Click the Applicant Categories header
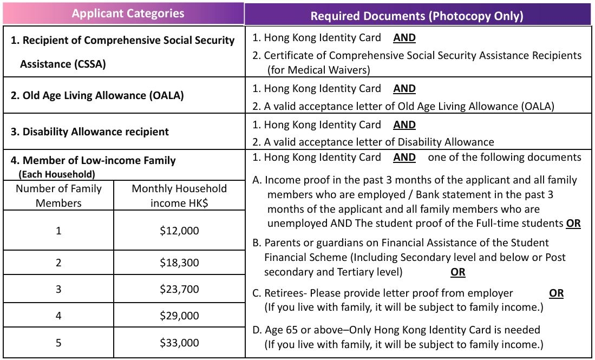pyautogui.click(x=128, y=14)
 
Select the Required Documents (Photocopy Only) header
pyautogui.click(x=417, y=16)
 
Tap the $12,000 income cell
pyautogui.click(x=179, y=231)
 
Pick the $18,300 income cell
pyautogui.click(x=179, y=263)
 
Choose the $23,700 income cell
pyautogui.click(x=179, y=289)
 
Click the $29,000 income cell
pyautogui.click(x=179, y=316)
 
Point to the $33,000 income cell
pyautogui.click(x=179, y=343)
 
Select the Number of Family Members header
pyautogui.click(x=58, y=195)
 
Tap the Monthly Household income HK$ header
pyautogui.click(x=179, y=195)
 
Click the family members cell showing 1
pyautogui.click(x=58, y=231)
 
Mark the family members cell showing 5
pyautogui.click(x=58, y=343)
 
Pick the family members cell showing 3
pyautogui.click(x=58, y=289)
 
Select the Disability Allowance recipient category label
pyautogui.click(x=90, y=132)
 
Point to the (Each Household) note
pyautogui.click(x=57, y=174)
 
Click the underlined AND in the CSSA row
pyautogui.click(x=404, y=38)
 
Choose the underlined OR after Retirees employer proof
pyautogui.click(x=556, y=293)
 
